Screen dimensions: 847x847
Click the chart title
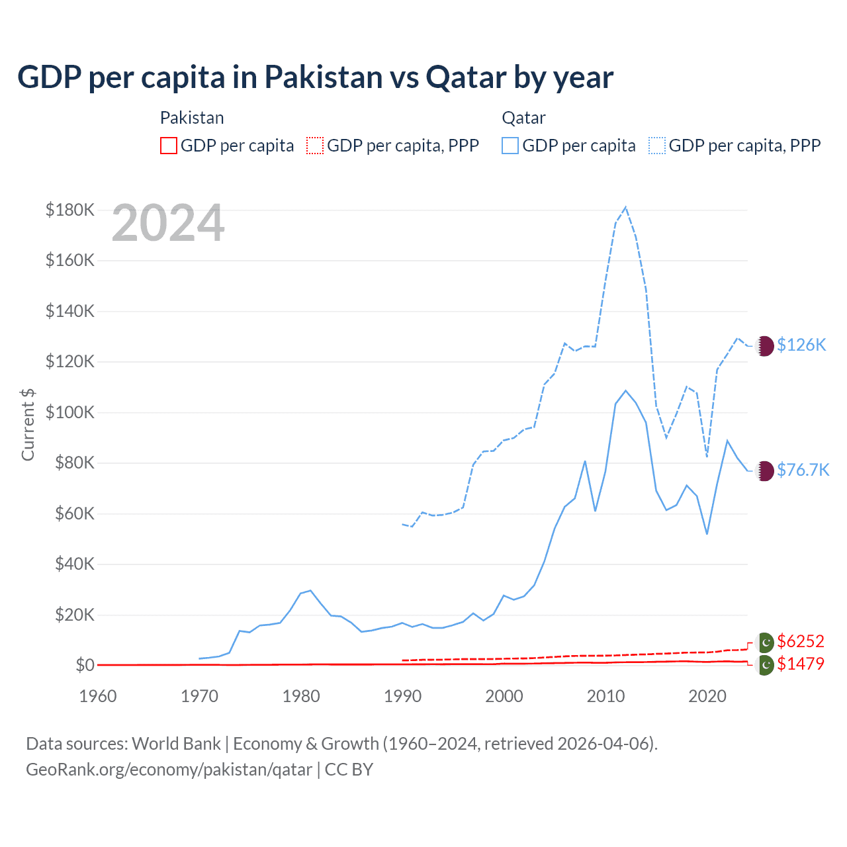tap(315, 77)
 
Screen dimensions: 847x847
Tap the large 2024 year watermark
tap(168, 224)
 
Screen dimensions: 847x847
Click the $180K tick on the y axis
tap(70, 210)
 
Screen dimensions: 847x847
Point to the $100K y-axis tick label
tap(70, 413)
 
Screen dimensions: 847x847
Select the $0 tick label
tap(85, 665)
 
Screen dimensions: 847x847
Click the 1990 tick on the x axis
tap(402, 696)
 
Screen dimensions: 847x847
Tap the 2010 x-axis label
tap(605, 696)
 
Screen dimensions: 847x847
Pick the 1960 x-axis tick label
tap(98, 696)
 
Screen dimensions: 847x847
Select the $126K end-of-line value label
tap(801, 345)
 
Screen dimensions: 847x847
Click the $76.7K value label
tap(803, 470)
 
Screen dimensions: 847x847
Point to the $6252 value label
tap(801, 641)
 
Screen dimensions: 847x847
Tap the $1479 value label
tap(801, 664)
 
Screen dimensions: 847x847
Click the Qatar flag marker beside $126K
tap(765, 345)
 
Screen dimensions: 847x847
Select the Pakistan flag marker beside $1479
tap(765, 665)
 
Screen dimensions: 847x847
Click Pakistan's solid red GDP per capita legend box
tap(169, 146)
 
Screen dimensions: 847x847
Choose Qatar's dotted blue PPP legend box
tap(657, 146)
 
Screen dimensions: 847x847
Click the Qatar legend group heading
tap(523, 118)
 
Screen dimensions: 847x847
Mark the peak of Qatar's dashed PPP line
tap(625, 207)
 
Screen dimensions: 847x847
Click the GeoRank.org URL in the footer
tap(169, 770)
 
